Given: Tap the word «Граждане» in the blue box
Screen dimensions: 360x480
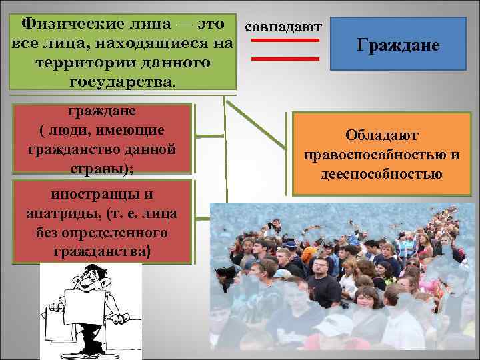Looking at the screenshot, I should [x=398, y=45].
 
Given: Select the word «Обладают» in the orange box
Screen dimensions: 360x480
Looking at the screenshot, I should [x=381, y=135].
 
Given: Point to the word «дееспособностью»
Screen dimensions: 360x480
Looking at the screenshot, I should [x=381, y=175].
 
